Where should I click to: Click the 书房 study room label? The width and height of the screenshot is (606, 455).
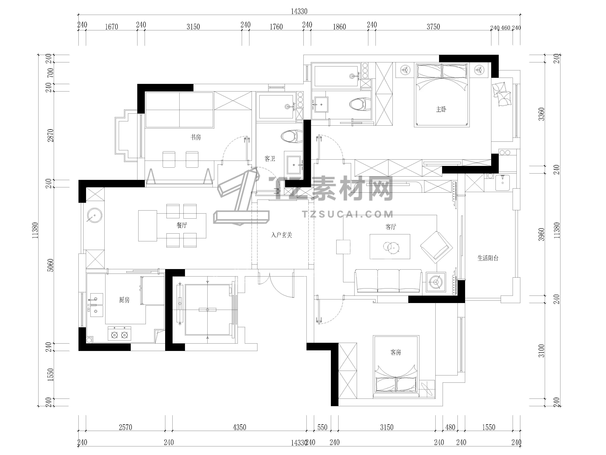pyautogui.click(x=196, y=137)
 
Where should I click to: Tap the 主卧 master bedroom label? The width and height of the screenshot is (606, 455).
pyautogui.click(x=441, y=110)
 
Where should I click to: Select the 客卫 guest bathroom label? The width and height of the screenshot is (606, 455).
pyautogui.click(x=270, y=158)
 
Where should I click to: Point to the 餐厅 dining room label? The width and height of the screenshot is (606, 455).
pyautogui.click(x=182, y=225)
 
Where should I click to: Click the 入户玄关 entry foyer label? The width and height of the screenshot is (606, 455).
pyautogui.click(x=282, y=235)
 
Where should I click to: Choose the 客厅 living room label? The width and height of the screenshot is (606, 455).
pyautogui.click(x=391, y=227)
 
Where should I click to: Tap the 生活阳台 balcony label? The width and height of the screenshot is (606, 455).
pyautogui.click(x=488, y=258)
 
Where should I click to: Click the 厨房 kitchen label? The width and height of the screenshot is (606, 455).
pyautogui.click(x=124, y=300)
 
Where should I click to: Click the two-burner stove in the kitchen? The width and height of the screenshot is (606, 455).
pyautogui.click(x=119, y=334)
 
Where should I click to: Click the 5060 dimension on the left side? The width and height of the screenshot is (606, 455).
pyautogui.click(x=51, y=265)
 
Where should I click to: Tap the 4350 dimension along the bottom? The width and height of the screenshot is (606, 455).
pyautogui.click(x=239, y=427)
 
